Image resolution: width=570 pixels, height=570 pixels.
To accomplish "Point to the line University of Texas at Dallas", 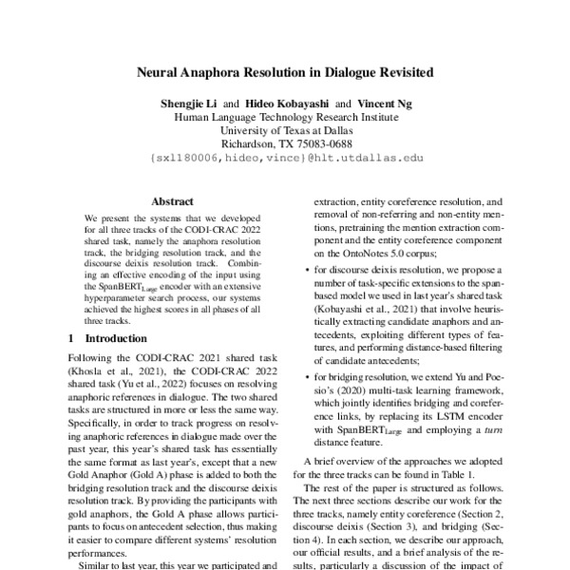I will [285, 130].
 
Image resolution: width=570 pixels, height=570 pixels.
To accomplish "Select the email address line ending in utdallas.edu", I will [285, 160].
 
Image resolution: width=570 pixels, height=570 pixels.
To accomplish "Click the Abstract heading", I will [173, 201].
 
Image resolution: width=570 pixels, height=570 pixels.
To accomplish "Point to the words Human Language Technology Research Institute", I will [285, 116].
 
